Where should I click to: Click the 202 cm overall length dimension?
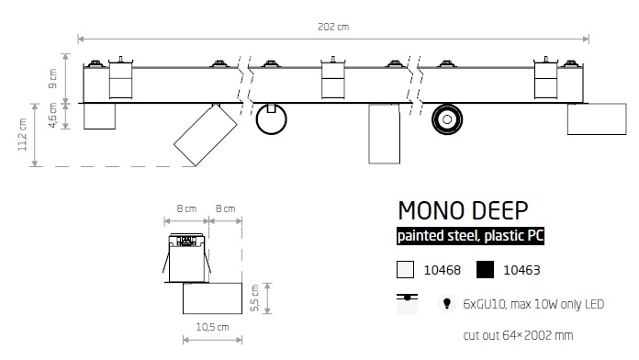tap(333, 27)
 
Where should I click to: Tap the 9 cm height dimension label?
tap(52, 79)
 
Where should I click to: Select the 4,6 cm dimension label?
tap(52, 116)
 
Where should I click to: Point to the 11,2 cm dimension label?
tap(22, 135)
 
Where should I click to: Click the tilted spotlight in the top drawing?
tap(205, 135)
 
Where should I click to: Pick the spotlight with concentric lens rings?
tap(447, 119)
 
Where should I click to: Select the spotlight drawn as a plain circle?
tap(272, 119)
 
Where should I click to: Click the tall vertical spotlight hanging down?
tap(385, 134)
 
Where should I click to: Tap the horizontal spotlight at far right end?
tap(597, 119)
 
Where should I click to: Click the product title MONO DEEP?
tap(463, 211)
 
